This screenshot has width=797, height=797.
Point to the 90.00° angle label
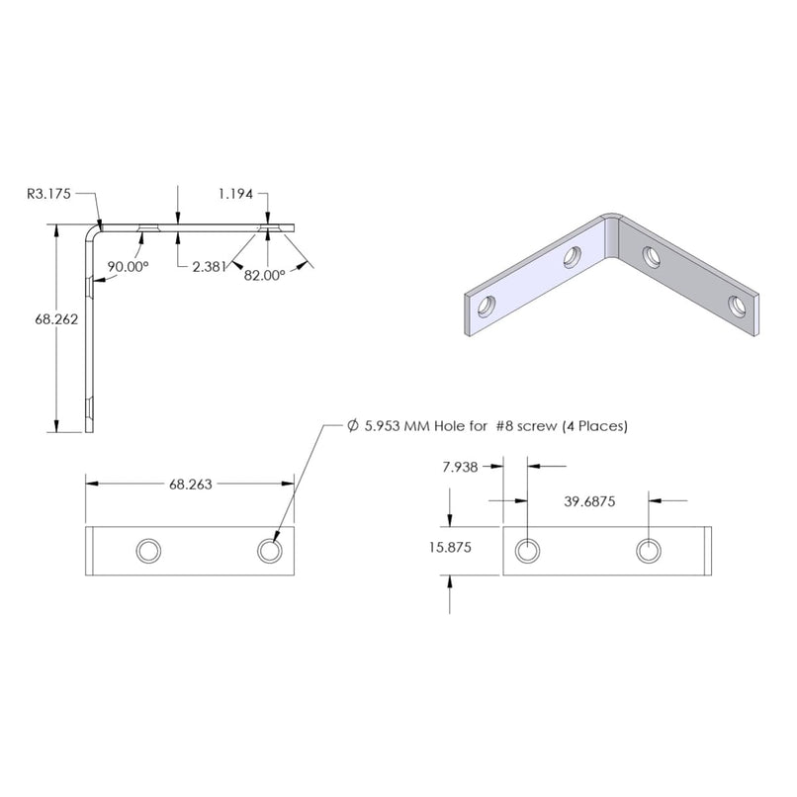(129, 267)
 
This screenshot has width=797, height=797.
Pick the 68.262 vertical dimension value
(55, 319)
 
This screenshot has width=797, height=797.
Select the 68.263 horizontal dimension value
(191, 484)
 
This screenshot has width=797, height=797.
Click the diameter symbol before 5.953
(353, 426)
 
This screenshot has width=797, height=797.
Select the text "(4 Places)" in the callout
(594, 426)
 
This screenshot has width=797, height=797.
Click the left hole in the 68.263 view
(148, 550)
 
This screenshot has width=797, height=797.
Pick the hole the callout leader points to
(269, 550)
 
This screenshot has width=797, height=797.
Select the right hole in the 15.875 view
(649, 550)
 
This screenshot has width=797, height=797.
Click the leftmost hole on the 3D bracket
(485, 308)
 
